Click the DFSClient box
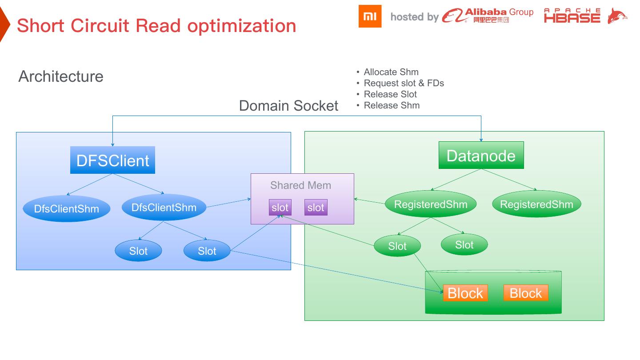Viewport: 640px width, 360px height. click(112, 160)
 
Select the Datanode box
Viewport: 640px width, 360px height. click(481, 156)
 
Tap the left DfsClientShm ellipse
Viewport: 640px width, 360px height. click(66, 208)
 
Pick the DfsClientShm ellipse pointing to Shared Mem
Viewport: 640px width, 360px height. click(164, 207)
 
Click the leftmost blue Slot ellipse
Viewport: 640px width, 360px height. click(138, 251)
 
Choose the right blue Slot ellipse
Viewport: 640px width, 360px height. click(207, 251)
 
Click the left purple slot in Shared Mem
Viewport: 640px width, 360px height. click(280, 208)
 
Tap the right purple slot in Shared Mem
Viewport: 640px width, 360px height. click(316, 208)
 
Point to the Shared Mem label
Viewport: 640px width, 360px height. click(300, 185)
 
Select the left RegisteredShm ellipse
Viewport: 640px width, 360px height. click(431, 204)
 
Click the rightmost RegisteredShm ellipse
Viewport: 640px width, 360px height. click(536, 204)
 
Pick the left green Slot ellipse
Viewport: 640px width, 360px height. click(397, 246)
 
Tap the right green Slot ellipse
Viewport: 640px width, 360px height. click(464, 244)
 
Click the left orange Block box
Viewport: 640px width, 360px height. click(465, 293)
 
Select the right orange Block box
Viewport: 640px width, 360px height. click(526, 293)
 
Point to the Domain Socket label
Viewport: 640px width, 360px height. click(288, 106)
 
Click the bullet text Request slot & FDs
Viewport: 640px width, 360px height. click(404, 83)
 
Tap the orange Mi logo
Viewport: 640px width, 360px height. click(370, 16)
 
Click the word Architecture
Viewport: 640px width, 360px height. click(61, 76)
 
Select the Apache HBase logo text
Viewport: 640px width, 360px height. click(572, 16)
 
